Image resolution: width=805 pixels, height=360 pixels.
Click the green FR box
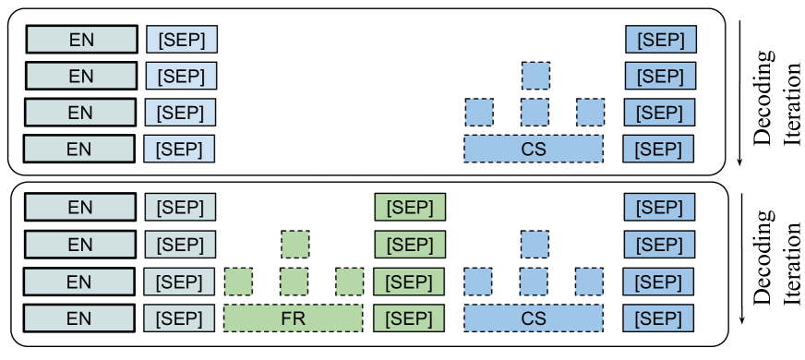pyautogui.click(x=294, y=318)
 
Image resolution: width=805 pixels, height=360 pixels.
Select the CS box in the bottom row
pyautogui.click(x=534, y=318)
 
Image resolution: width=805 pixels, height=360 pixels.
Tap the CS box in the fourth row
pyautogui.click(x=534, y=149)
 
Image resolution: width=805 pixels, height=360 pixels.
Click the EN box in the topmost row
pyautogui.click(x=81, y=40)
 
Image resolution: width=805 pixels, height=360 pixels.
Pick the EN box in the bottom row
pyautogui.click(x=80, y=318)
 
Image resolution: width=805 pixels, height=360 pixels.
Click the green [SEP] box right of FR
pyautogui.click(x=409, y=318)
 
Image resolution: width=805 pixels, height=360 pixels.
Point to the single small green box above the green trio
pyautogui.click(x=294, y=245)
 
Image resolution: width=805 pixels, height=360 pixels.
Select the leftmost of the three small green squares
pyautogui.click(x=238, y=281)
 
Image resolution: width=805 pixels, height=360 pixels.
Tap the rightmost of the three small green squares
pyautogui.click(x=349, y=281)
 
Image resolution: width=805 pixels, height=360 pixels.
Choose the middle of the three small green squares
pyautogui.click(x=294, y=281)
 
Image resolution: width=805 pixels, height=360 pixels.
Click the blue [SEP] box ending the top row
pyautogui.click(x=661, y=40)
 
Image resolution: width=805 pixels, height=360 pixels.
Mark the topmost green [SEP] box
pyautogui.click(x=410, y=207)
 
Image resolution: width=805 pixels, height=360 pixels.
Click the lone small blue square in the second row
pyautogui.click(x=535, y=76)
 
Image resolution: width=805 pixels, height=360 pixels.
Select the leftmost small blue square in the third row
pyautogui.click(x=478, y=113)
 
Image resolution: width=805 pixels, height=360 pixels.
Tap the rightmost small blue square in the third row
pyautogui.click(x=590, y=113)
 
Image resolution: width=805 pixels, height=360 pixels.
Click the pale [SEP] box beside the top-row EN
pyautogui.click(x=182, y=40)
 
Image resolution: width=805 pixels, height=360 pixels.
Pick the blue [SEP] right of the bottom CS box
pyautogui.click(x=658, y=318)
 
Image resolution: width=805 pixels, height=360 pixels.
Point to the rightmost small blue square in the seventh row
pyautogui.click(x=590, y=281)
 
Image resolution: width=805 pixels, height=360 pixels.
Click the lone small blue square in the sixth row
pyautogui.click(x=535, y=245)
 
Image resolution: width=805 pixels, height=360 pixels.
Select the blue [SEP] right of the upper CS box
pyautogui.click(x=658, y=149)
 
